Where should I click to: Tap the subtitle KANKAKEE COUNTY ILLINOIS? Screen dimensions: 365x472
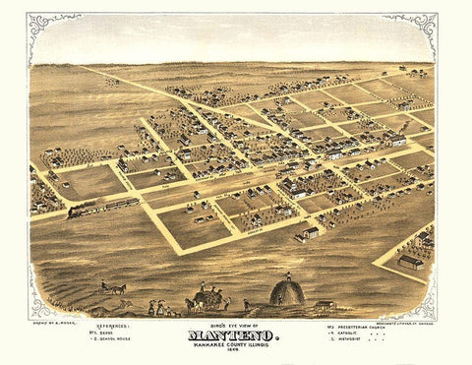pyautogui.click(x=235, y=346)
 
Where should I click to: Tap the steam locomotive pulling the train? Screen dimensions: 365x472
pyautogui.click(x=80, y=211)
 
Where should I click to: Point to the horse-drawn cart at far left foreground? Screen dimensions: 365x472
pyautogui.click(x=114, y=288)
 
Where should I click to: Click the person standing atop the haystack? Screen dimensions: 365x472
pyautogui.click(x=287, y=274)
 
